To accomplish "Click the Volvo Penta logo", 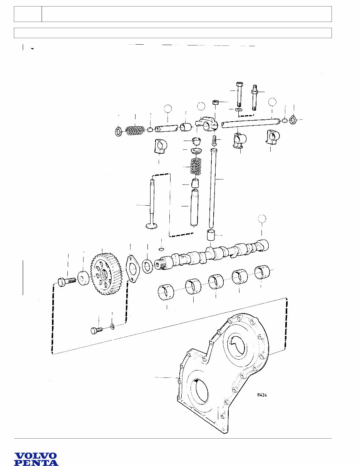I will coord(36,459).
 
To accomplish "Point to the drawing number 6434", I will coord(264,395).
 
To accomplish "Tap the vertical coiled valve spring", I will coord(196,165).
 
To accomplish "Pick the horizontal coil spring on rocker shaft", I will coord(134,130).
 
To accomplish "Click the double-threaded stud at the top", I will coord(255,97).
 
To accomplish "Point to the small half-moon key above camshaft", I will coord(162,249).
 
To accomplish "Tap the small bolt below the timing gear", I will coord(96,330).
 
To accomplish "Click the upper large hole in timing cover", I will coord(239,344).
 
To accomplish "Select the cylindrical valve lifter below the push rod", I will coord(210,235).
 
